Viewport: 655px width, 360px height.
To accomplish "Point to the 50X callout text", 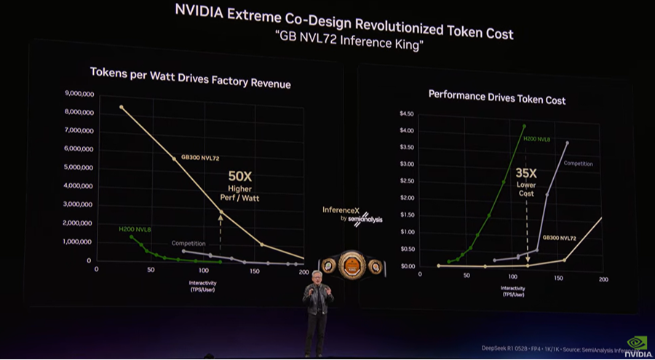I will pos(242,177).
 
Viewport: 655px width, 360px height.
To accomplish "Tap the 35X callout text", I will pos(526,174).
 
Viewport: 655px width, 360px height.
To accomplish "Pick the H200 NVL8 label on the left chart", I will pos(135,229).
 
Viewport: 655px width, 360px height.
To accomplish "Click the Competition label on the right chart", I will pos(579,164).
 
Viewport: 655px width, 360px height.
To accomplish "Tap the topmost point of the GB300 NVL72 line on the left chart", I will pos(122,107).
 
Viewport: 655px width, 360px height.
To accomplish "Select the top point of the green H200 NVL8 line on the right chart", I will pos(524,126).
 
